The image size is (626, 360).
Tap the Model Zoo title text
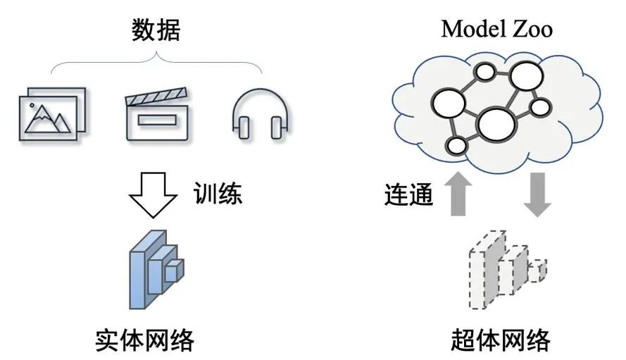pos(496,29)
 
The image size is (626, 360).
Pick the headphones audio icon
pos(261,114)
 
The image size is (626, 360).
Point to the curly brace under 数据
pos(156,65)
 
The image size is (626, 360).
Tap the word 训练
pos(218,193)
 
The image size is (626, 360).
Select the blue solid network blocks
pos(156,268)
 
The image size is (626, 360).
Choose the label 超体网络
pos(499,340)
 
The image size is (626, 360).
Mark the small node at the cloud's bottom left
pos(458,147)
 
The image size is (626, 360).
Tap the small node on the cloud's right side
pos(539,107)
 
